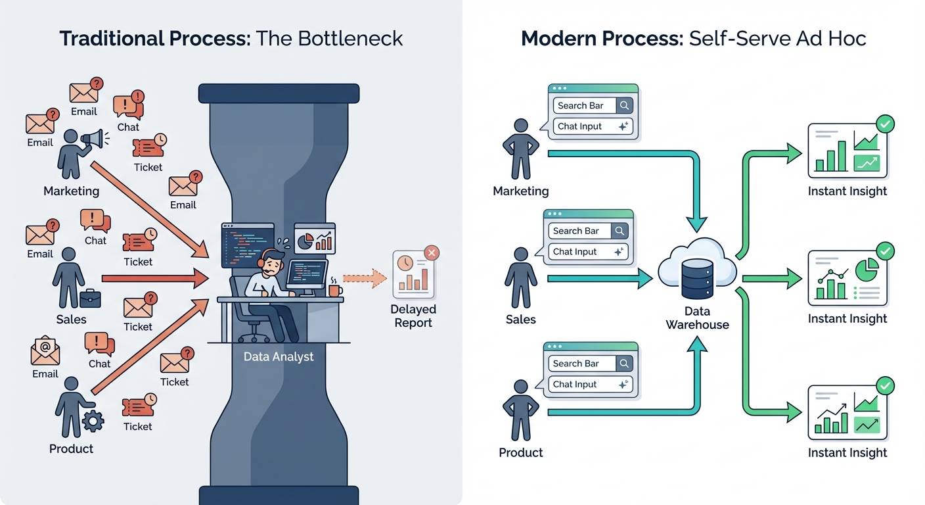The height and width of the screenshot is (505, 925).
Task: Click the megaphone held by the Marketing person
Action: click(93, 139)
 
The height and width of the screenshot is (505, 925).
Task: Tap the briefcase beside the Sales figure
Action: click(89, 298)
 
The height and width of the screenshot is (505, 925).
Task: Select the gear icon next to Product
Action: click(93, 420)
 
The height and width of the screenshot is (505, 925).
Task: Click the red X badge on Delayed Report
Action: click(431, 252)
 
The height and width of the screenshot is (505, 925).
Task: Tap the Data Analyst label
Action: click(279, 357)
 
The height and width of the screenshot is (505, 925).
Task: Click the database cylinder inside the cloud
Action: click(697, 277)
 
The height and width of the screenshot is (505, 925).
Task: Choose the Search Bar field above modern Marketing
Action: click(584, 105)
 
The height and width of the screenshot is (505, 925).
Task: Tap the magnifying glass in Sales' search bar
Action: click(619, 231)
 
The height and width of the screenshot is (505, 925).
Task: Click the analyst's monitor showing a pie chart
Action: click(314, 238)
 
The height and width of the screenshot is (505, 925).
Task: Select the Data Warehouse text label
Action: click(697, 318)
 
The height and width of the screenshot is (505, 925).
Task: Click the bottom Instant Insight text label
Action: click(847, 452)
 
